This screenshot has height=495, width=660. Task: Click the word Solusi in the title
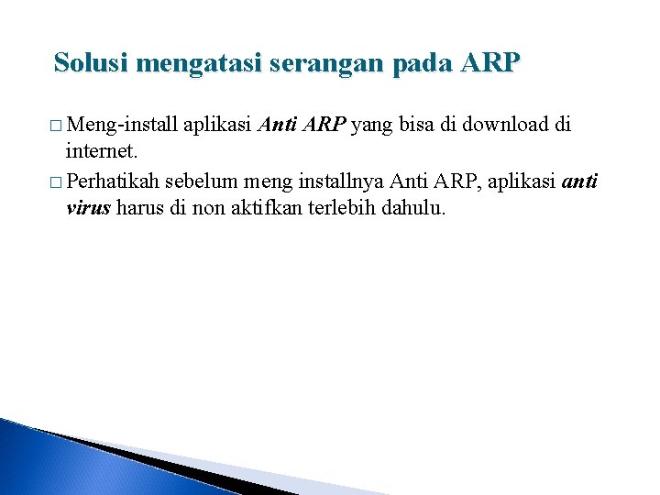[x=90, y=63]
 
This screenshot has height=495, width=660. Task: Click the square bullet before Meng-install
[x=60, y=126]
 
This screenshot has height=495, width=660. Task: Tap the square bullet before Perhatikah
[x=60, y=183]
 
